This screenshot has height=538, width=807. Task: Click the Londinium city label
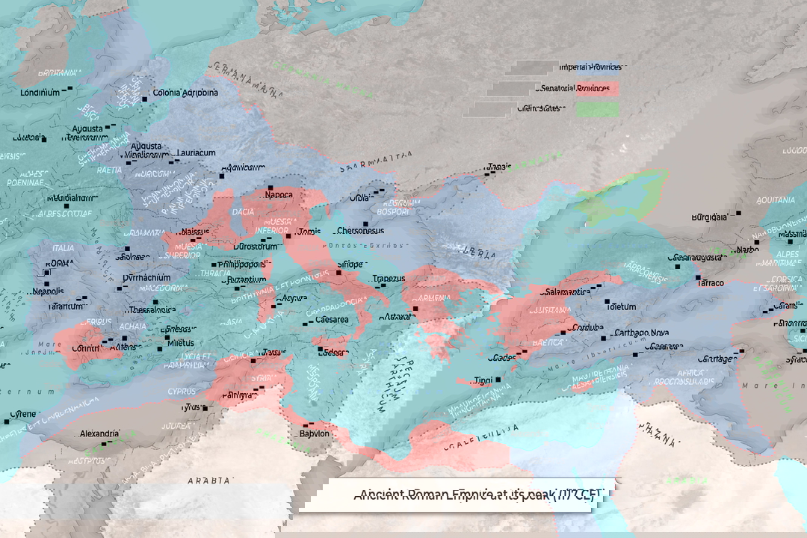40,93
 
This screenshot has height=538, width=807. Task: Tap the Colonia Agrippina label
185,93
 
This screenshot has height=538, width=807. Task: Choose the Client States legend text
539,108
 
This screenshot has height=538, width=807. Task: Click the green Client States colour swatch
597,109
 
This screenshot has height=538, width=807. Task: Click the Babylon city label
315,433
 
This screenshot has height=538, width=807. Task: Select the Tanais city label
498,167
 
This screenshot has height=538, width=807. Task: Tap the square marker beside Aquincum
221,176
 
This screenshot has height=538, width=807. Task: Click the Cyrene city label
24,413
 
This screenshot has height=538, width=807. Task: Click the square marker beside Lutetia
44,139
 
